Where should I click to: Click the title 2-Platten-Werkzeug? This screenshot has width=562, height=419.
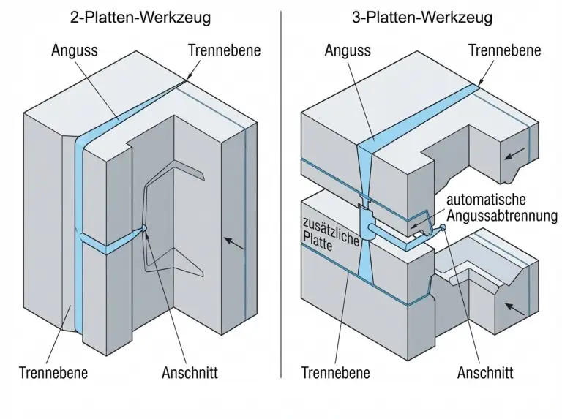[x=141, y=16]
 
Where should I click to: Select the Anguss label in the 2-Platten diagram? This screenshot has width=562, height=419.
[x=76, y=50]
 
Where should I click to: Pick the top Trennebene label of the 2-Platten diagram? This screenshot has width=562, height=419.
[x=224, y=50]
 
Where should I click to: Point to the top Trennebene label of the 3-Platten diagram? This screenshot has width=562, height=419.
[x=505, y=50]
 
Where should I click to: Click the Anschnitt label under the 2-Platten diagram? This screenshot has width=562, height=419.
[x=190, y=373]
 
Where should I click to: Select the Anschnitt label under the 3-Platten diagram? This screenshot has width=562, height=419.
[x=485, y=373]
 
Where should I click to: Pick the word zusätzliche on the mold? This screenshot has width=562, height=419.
[x=330, y=224]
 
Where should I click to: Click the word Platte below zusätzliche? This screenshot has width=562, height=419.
[x=317, y=238]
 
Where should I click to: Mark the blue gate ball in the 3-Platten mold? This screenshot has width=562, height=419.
[x=441, y=228]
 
